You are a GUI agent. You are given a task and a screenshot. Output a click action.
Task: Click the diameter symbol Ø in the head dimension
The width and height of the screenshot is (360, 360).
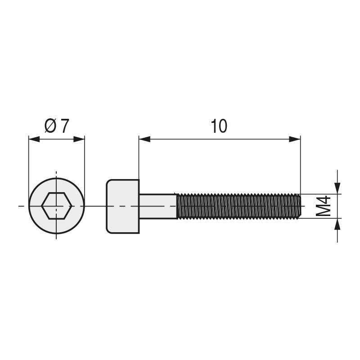tap(51, 126)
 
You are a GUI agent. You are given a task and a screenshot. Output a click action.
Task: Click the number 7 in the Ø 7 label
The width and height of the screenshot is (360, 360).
tap(65, 126)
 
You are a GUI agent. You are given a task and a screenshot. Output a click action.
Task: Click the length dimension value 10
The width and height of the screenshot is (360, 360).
tap(219, 126)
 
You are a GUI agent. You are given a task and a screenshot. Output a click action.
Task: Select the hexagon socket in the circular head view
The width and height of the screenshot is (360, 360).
tap(56, 206)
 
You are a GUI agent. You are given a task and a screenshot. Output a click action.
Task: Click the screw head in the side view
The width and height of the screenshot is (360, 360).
tap(123, 206)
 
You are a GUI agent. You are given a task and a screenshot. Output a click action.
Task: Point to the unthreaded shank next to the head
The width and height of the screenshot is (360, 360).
tap(157, 206)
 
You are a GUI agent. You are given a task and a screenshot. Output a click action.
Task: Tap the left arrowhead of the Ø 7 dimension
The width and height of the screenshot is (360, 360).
tap(34, 139)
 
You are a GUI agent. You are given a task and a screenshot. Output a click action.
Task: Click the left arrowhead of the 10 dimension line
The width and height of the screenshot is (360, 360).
tap(144, 139)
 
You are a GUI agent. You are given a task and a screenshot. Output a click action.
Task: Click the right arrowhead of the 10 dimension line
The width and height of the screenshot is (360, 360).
tap(295, 139)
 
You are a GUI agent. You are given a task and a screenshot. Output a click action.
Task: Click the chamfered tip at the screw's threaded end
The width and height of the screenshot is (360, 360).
tap(299, 206)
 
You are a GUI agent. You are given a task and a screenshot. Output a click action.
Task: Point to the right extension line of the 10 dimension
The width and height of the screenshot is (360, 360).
tap(300, 166)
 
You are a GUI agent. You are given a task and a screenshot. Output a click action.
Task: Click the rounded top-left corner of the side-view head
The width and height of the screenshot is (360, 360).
tap(108, 182)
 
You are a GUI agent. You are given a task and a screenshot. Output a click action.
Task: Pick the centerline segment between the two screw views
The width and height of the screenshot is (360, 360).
tap(95, 206)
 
